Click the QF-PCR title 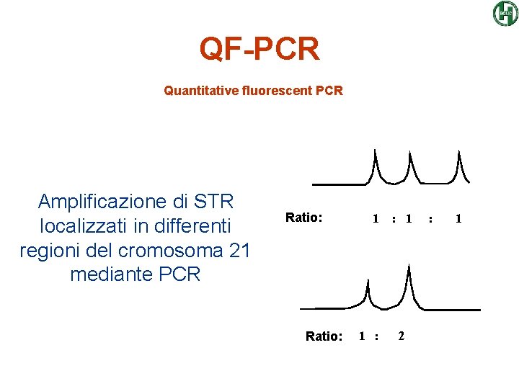[259, 49]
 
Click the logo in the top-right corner [505, 13]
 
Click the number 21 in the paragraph [238, 251]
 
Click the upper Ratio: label [303, 217]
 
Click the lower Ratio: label [324, 336]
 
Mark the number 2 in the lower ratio [402, 336]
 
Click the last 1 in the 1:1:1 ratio [458, 218]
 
